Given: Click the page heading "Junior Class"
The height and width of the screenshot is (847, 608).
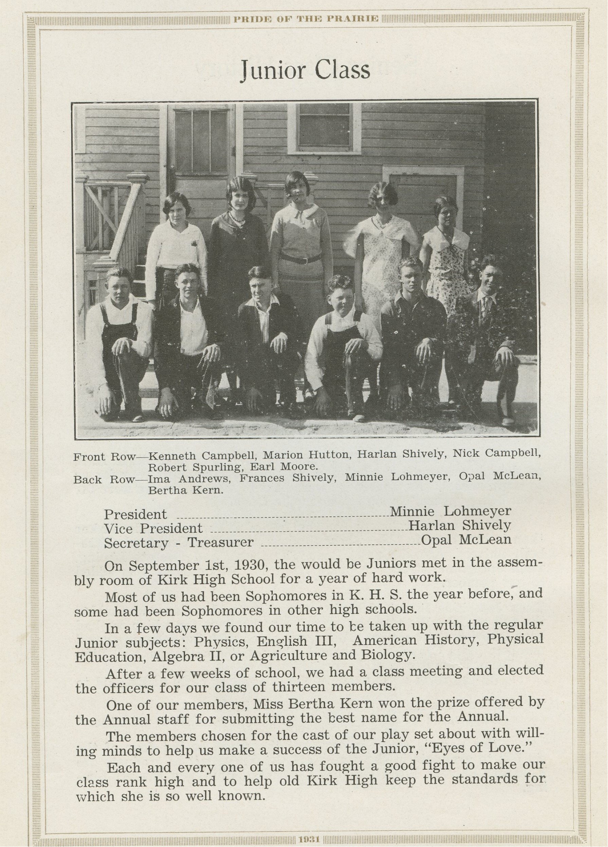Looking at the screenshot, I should click(305, 70).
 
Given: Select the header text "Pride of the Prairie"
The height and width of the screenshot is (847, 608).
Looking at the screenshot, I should click(306, 19).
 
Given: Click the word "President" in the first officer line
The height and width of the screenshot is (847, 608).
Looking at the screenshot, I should click(135, 514).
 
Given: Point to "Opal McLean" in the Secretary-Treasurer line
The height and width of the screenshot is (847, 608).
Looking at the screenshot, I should click(466, 540).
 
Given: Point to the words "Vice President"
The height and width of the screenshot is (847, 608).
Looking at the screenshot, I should click(153, 528).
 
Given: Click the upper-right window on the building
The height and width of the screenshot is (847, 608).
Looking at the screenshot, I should click(324, 128).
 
